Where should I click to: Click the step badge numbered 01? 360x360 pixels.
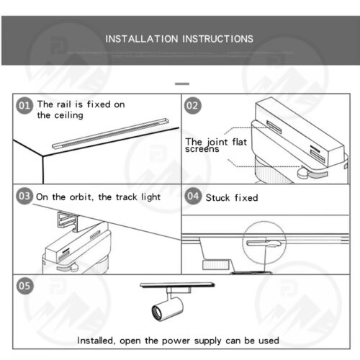(24, 106)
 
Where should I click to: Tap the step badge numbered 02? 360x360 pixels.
(193, 106)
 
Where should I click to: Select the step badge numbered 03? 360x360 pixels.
(24, 196)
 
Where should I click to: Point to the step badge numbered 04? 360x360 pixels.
(193, 196)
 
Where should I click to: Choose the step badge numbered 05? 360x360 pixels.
(24, 286)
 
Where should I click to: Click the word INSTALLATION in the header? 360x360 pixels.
(142, 39)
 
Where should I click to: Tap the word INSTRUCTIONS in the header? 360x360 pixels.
(217, 39)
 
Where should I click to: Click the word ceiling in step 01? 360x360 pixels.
(68, 115)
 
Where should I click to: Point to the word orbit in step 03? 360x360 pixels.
(81, 197)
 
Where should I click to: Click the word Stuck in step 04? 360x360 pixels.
(217, 198)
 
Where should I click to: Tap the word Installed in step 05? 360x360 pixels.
(96, 341)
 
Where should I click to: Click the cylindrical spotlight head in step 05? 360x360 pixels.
(167, 310)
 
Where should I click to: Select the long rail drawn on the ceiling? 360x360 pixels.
(110, 133)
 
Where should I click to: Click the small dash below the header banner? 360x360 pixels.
(182, 84)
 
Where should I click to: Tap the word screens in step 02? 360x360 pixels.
(202, 149)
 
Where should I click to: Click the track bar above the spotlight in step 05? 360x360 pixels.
(177, 285)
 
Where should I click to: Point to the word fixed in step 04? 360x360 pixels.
(246, 198)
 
